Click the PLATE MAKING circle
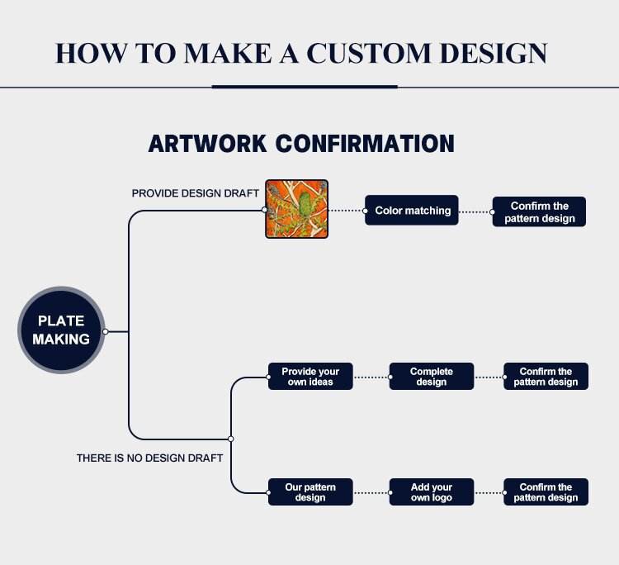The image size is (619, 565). click(61, 330)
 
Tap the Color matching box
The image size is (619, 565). click(412, 210)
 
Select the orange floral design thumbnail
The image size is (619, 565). click(296, 209)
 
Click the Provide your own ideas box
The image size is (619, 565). click(310, 377)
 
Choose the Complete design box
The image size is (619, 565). click(432, 377)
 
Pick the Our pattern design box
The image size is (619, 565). click(310, 492)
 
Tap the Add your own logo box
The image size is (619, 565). click(432, 492)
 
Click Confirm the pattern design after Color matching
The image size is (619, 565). click(539, 211)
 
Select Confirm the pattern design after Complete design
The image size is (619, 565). click(546, 377)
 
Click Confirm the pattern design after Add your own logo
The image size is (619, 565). click(546, 492)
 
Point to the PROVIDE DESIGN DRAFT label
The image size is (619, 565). click(195, 193)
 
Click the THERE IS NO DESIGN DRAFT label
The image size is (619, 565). click(149, 458)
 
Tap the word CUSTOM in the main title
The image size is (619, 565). click(368, 53)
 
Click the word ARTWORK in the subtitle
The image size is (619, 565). click(207, 144)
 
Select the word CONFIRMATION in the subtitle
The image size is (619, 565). click(365, 144)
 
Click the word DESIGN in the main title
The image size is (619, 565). click(494, 53)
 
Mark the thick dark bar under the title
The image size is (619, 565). click(305, 87)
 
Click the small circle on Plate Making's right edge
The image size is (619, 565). click(106, 331)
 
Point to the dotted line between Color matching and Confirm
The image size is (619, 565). click(475, 212)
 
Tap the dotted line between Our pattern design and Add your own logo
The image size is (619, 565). click(371, 492)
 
